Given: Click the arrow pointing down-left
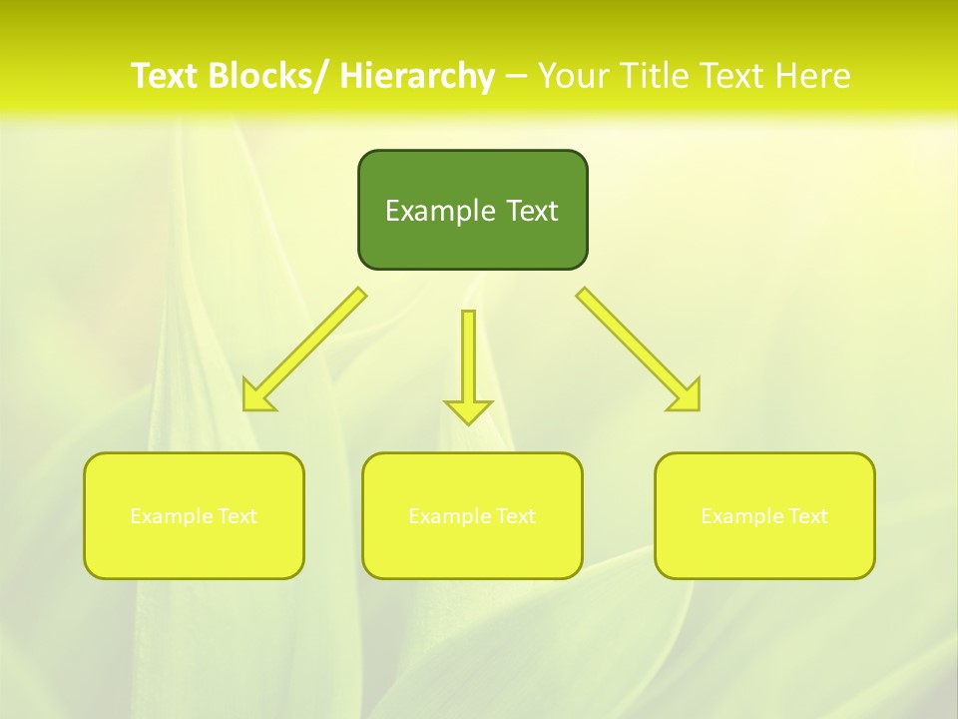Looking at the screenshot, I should [304, 350].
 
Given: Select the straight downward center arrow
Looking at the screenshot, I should [468, 359].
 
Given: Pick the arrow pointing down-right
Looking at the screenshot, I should [639, 350].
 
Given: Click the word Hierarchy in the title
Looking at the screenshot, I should [417, 76].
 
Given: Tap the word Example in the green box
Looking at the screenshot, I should [440, 211].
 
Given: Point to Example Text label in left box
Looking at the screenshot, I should [194, 516].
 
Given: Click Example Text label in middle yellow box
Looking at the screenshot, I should [472, 516].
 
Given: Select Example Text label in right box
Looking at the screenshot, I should [764, 516].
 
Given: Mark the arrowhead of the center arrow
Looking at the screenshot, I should [468, 411].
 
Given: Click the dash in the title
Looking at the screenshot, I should [516, 77].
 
